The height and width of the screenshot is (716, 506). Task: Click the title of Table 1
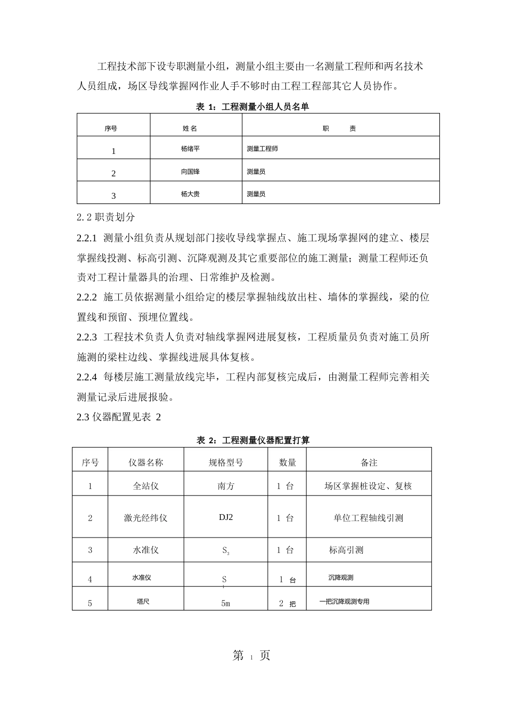(252, 107)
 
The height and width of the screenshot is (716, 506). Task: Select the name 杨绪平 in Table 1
(190, 149)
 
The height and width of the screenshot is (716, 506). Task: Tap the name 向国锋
(190, 172)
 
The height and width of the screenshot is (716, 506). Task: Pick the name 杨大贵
(190, 194)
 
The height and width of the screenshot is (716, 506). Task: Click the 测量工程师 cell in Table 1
(263, 149)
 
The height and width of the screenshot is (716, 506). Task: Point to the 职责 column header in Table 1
(339, 128)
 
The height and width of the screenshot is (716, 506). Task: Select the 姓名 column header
(190, 128)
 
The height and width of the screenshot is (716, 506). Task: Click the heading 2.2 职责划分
(106, 217)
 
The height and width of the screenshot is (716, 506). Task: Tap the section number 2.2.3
(87, 337)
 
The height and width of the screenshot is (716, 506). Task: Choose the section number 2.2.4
(87, 377)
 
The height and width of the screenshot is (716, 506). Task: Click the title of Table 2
(253, 440)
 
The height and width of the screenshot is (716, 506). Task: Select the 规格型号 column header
(226, 462)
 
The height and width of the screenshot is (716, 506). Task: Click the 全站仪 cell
(145, 486)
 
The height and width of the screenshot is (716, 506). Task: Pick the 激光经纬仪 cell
(145, 518)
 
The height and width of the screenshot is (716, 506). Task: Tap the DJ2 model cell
(226, 517)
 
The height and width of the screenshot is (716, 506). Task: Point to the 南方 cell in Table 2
(226, 486)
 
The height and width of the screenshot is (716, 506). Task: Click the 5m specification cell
(225, 604)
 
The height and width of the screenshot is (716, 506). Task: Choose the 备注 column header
(369, 462)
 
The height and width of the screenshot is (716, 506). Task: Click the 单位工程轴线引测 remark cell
(369, 518)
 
